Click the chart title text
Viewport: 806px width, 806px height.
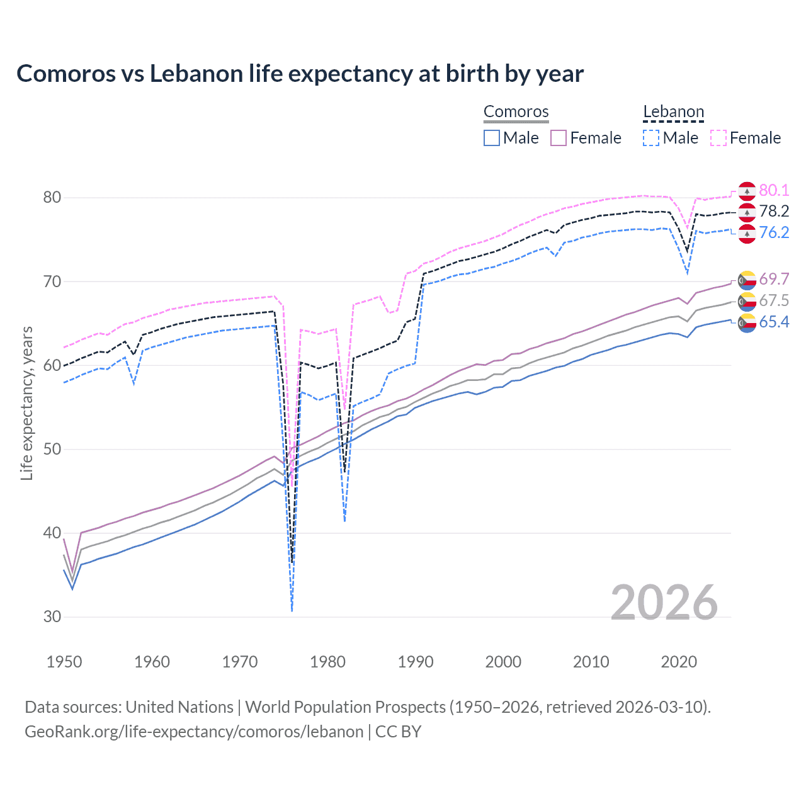pos(300,74)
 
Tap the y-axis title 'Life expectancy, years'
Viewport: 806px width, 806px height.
pos(26,403)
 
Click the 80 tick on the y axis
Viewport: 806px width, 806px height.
pos(52,198)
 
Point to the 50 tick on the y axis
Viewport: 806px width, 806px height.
pos(52,450)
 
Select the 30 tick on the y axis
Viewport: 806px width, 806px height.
pos(52,617)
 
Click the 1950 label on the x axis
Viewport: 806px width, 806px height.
pos(64,662)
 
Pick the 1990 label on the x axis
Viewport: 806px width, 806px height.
pos(416,662)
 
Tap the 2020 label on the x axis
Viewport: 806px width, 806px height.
pos(679,662)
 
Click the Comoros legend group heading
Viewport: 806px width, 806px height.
pos(516,112)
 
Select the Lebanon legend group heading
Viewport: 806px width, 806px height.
pos(673,112)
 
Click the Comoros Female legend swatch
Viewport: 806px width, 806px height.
pos(559,138)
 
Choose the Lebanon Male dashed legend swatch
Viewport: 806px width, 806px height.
pos(651,138)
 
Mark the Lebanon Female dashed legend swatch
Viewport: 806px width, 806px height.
pos(718,138)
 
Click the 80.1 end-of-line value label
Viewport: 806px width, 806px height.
pos(774,190)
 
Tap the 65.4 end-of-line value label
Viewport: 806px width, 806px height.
pos(774,322)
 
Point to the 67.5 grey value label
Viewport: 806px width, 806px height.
pos(774,301)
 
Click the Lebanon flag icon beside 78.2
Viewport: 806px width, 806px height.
pos(747,212)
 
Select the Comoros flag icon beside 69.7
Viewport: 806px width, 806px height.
pos(747,280)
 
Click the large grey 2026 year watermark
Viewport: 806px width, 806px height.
pos(664,603)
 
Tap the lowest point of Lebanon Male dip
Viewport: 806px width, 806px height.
pos(292,610)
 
